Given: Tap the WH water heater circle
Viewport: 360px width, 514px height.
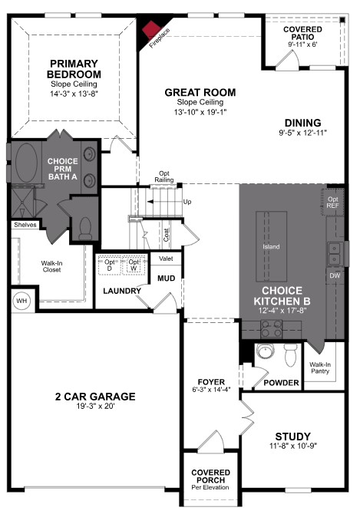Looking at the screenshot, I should point(21,299).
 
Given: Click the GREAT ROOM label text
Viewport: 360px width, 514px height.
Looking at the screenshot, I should point(200,92).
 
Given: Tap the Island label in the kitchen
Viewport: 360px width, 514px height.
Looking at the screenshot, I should point(272,247).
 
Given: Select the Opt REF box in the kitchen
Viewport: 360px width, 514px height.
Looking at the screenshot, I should point(334,201).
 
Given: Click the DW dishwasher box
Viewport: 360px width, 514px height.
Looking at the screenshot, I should point(334,275).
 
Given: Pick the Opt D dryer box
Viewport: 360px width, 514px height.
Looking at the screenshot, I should point(111,265).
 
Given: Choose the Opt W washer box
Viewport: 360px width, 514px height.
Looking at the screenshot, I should point(135,265).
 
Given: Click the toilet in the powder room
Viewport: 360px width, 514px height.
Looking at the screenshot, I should point(290,355).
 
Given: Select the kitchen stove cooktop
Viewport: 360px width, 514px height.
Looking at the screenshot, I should point(272,329).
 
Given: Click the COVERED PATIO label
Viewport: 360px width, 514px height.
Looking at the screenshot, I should point(302,33).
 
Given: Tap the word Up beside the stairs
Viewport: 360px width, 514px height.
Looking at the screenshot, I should point(187,202).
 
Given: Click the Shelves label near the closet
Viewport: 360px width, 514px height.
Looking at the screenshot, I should point(25,225).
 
